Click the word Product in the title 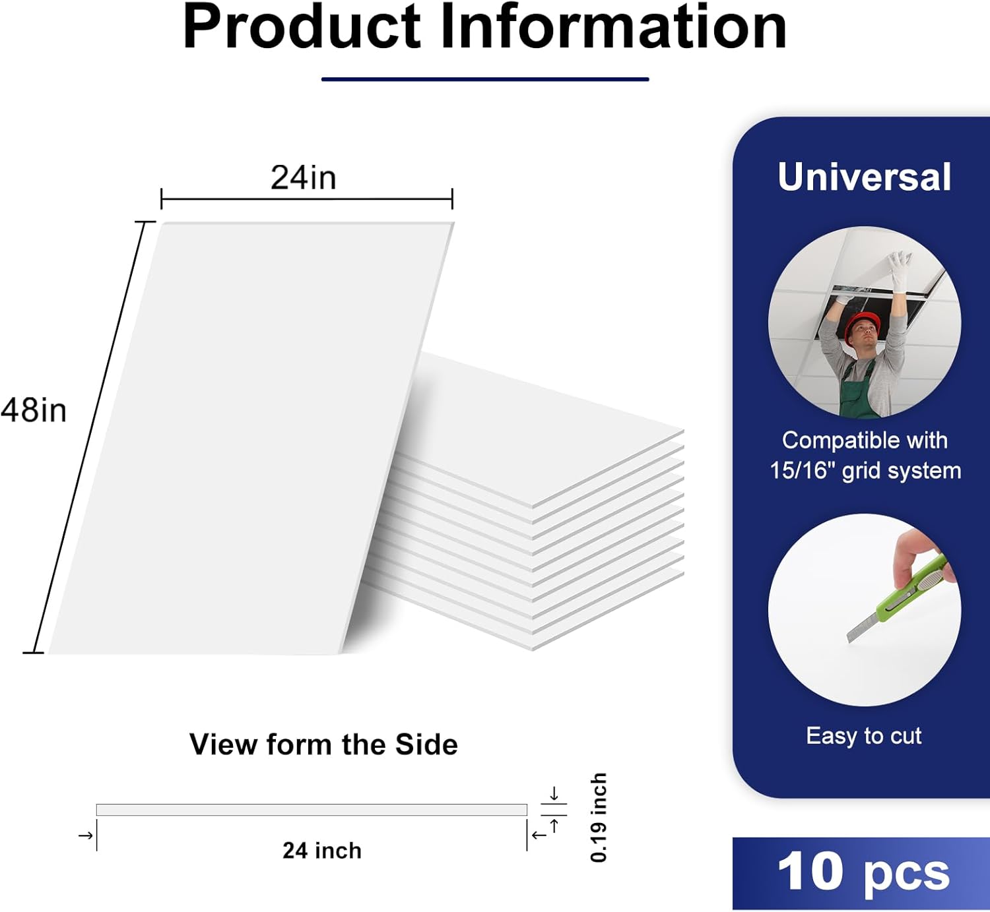pyautogui.click(x=302, y=28)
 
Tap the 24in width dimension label pyautogui.click(x=304, y=177)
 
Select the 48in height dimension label pyautogui.click(x=34, y=410)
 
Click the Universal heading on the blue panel pyautogui.click(x=864, y=177)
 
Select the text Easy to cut pyautogui.click(x=863, y=735)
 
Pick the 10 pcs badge pyautogui.click(x=863, y=872)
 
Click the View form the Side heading pyautogui.click(x=323, y=745)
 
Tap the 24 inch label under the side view pyautogui.click(x=322, y=851)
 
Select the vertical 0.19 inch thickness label pyautogui.click(x=599, y=818)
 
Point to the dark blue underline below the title pyautogui.click(x=485, y=79)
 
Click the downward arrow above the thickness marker pyautogui.click(x=554, y=793)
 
